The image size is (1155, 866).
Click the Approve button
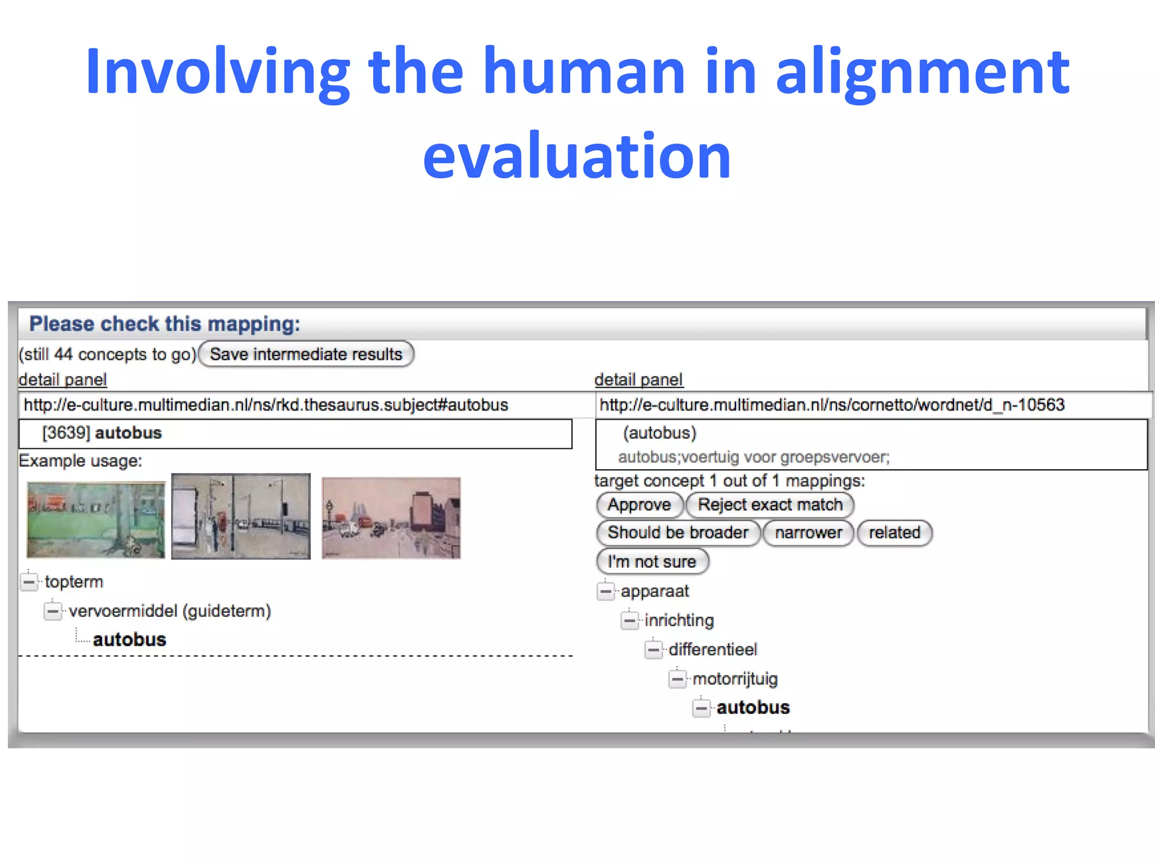[x=639, y=505]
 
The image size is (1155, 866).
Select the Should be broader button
[x=678, y=533]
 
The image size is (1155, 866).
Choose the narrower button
[x=808, y=533]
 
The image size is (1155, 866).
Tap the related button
[x=894, y=533]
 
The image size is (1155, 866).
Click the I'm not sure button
[x=652, y=562]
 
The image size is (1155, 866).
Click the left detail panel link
[x=63, y=379]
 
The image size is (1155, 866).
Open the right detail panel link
[x=638, y=379]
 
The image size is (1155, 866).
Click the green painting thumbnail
[x=96, y=519]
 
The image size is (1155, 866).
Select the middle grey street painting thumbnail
[x=241, y=516]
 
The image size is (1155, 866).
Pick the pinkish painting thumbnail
[x=391, y=518]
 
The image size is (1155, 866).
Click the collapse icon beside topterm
[x=29, y=581]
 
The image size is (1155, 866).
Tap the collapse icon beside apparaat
[x=605, y=591]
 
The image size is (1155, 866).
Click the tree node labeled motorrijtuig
[x=735, y=679]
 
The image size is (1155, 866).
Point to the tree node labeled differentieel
[x=713, y=649]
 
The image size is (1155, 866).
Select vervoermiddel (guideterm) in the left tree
[x=170, y=611]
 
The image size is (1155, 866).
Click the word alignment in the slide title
[x=922, y=73]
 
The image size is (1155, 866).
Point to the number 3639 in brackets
[x=66, y=433]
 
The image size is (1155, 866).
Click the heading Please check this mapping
[x=165, y=324]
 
